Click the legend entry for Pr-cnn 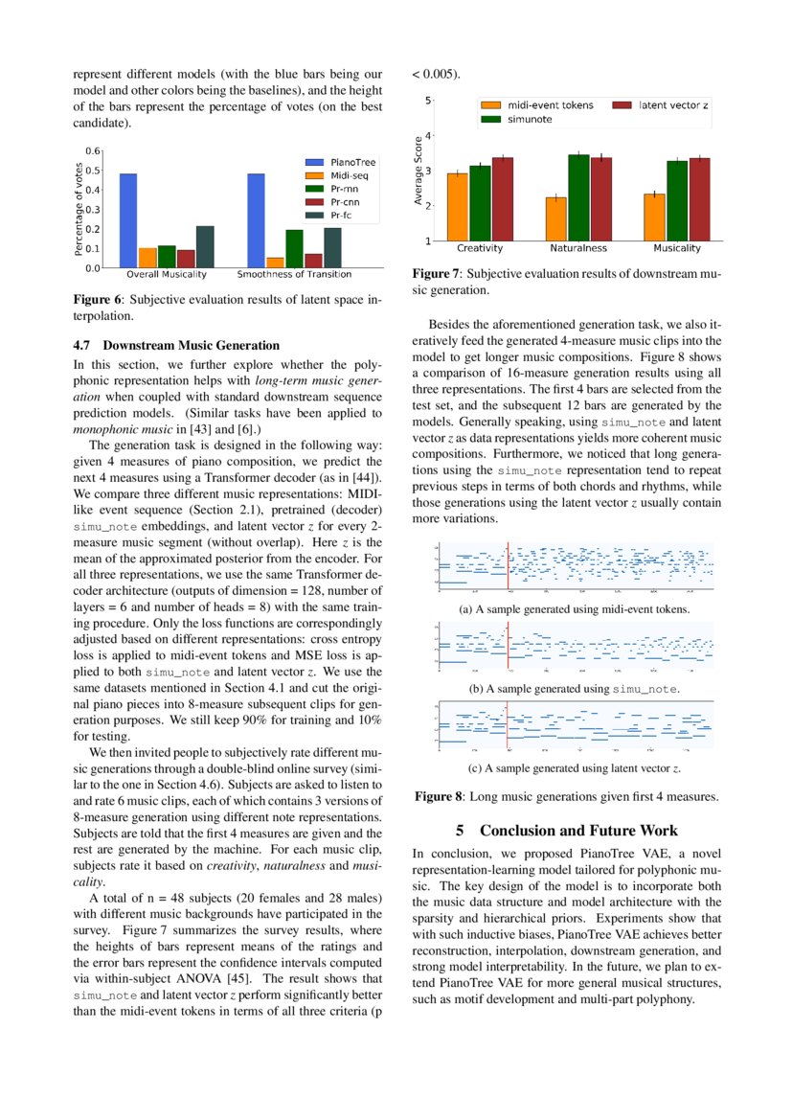334,202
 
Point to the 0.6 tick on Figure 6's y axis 93,151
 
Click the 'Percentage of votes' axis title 79,209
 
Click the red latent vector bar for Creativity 503,198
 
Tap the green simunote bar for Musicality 677,200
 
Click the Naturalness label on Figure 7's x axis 578,248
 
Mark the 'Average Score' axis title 419,170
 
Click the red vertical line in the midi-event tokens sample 508,568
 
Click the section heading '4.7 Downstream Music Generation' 176,345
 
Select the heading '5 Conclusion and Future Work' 566,831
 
